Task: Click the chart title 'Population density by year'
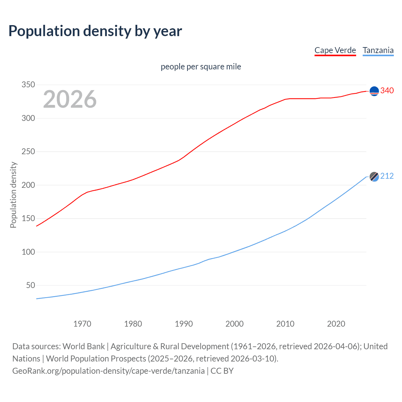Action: pos(95,31)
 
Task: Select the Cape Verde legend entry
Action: pos(335,50)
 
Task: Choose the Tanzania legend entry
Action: pos(378,50)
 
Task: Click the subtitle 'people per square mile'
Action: pos(201,67)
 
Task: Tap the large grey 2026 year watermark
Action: pos(70,99)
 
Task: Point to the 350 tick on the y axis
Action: pos(28,85)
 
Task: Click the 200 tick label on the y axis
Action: pos(28,185)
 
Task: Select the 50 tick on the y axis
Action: pos(30,285)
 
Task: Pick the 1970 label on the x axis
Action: pos(82,324)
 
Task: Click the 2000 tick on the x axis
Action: pos(235,324)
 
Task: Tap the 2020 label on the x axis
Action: pos(336,324)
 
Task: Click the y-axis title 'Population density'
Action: pos(13,195)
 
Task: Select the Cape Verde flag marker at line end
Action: pos(374,91)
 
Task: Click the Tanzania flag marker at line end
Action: pos(374,177)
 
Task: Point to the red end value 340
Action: pos(387,90)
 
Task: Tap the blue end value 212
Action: pos(387,176)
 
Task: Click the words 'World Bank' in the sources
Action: pos(84,346)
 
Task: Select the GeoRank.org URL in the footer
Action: pos(108,371)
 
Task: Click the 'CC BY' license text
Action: pos(222,371)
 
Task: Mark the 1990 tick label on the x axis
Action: pos(184,324)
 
